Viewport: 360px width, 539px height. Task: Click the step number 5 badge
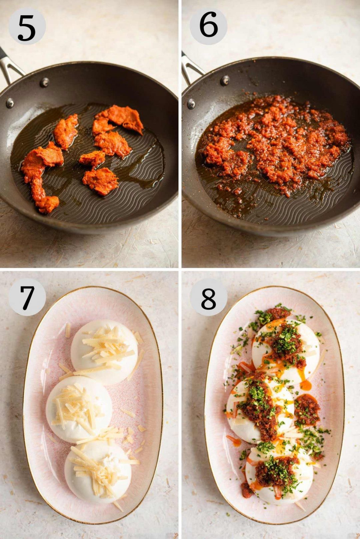point(27,27)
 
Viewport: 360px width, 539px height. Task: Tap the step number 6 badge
point(208,26)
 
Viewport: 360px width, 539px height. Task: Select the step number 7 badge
point(27,297)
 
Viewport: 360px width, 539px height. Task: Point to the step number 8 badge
point(208,297)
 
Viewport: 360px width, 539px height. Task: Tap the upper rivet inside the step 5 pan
point(44,82)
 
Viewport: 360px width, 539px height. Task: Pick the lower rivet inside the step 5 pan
point(10,103)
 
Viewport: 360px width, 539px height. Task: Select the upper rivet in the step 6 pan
point(225,80)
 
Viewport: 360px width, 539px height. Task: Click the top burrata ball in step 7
point(104,350)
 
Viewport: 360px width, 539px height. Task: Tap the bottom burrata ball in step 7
point(97,471)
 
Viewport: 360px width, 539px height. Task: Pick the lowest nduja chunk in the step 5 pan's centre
point(100,181)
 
